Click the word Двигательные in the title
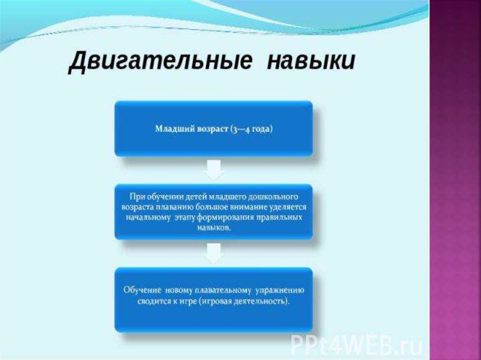click(160, 61)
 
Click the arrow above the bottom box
click(214, 253)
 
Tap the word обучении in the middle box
click(162, 197)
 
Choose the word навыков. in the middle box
click(214, 228)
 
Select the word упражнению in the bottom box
click(280, 290)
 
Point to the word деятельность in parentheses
click(261, 301)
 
